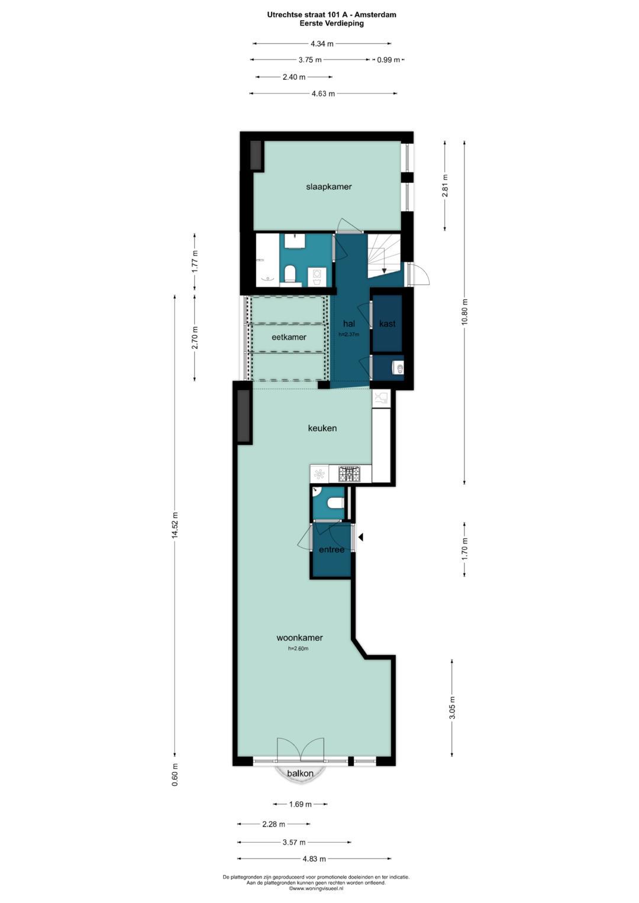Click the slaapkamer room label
click(329, 187)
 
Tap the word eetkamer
click(289, 337)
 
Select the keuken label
click(322, 428)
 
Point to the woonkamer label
click(299, 637)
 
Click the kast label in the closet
click(388, 323)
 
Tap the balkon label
click(300, 773)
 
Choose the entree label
click(331, 549)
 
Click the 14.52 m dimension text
click(175, 526)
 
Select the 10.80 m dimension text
click(464, 312)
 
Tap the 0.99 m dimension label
click(388, 60)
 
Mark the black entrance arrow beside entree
click(361, 537)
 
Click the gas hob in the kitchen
click(350, 474)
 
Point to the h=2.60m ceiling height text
click(298, 649)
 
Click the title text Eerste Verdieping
click(331, 24)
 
